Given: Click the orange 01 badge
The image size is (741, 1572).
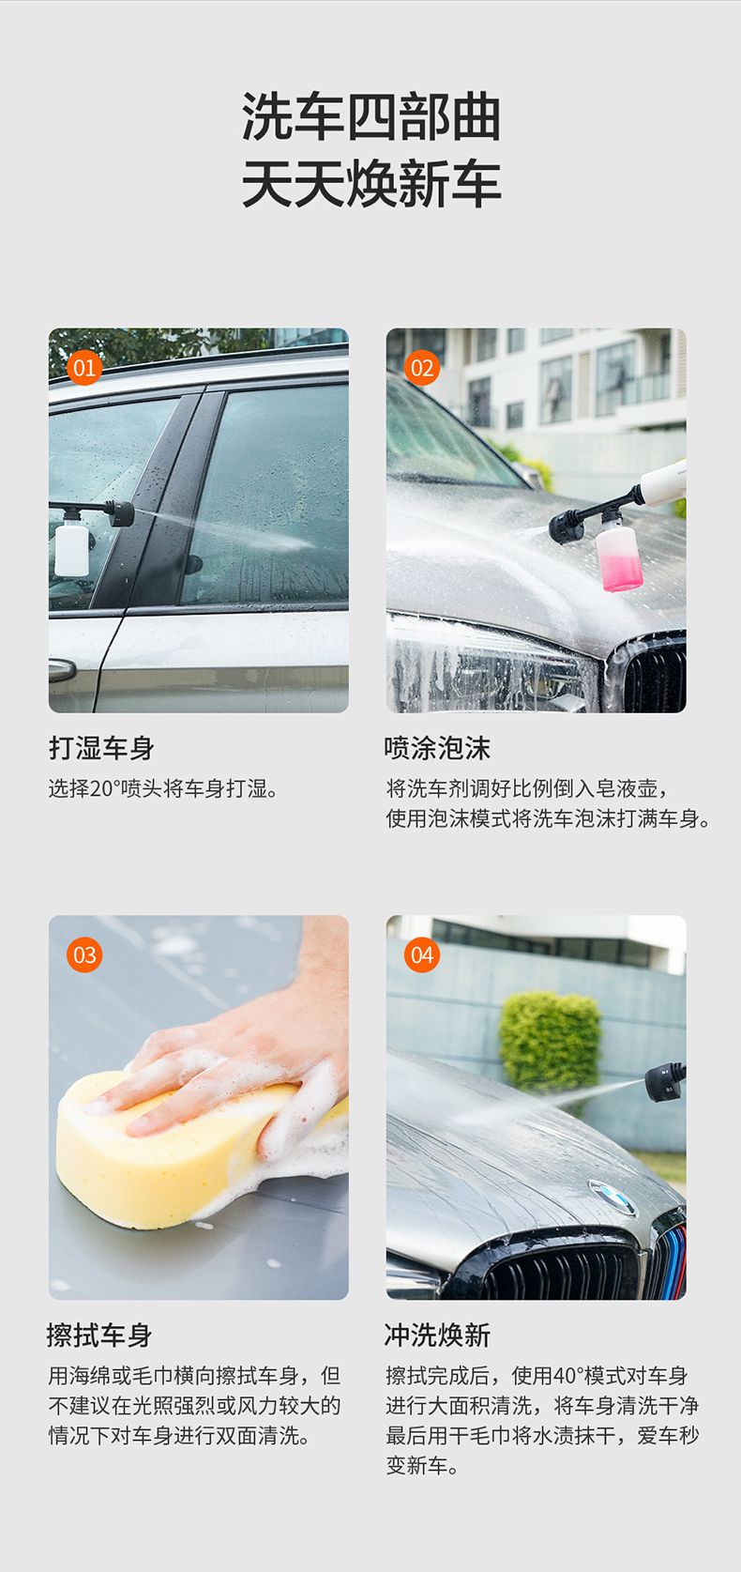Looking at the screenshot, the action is click(x=84, y=368).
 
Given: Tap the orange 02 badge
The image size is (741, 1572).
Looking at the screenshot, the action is click(x=422, y=368).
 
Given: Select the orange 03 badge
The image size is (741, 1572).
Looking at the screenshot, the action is click(x=84, y=954).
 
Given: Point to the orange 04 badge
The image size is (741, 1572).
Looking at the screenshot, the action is click(x=422, y=954).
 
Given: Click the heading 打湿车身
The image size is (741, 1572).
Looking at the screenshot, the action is click(x=101, y=748).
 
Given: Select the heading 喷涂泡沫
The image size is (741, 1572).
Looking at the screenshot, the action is click(x=437, y=748).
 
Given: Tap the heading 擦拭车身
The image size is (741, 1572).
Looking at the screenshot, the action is click(x=99, y=1335).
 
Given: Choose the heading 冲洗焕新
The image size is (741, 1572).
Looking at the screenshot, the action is click(x=437, y=1335).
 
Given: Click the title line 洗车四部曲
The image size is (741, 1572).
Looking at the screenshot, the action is click(x=371, y=117).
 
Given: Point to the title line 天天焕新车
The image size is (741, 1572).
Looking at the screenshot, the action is click(x=371, y=184).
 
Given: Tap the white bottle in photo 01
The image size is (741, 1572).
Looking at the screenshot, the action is click(x=71, y=545).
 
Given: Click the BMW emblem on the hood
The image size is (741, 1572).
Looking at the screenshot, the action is click(x=612, y=1198).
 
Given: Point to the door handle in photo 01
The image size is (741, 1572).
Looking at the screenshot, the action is click(x=61, y=670).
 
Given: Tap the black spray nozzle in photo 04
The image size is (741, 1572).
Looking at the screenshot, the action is click(x=665, y=1082).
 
